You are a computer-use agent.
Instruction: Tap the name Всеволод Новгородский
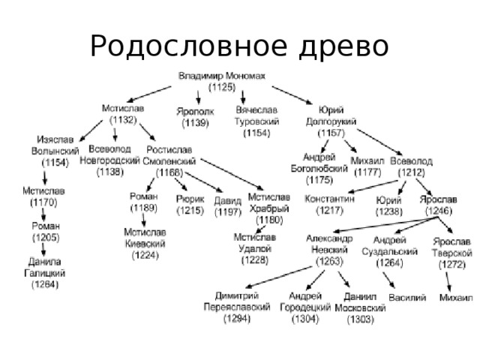[x=114, y=154]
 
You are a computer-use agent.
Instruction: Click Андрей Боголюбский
[x=324, y=163]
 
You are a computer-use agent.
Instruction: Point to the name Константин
[x=329, y=199]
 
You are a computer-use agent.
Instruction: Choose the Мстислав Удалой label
[x=256, y=243]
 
